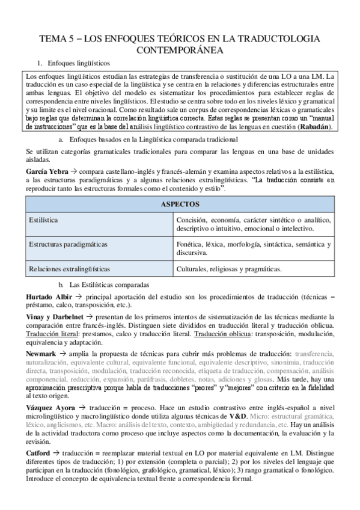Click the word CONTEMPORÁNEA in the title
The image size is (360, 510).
[180, 49]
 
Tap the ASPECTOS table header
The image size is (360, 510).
[180, 204]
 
